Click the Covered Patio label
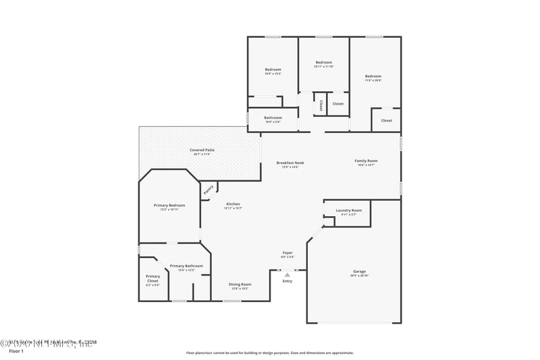(202, 150)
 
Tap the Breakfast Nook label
(290, 163)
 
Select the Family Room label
(366, 161)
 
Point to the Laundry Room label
(349, 211)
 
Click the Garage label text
(358, 272)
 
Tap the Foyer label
(288, 253)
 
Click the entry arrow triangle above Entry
(288, 275)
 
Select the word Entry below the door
(288, 281)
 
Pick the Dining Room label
(240, 284)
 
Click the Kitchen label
(233, 204)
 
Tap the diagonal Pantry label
(209, 189)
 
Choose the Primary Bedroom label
(169, 205)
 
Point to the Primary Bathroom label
(186, 266)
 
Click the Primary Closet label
(153, 278)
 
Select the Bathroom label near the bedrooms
(273, 118)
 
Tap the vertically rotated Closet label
(321, 105)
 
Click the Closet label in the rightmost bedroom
(386, 120)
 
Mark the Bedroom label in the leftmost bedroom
(273, 70)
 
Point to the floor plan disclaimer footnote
(270, 353)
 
